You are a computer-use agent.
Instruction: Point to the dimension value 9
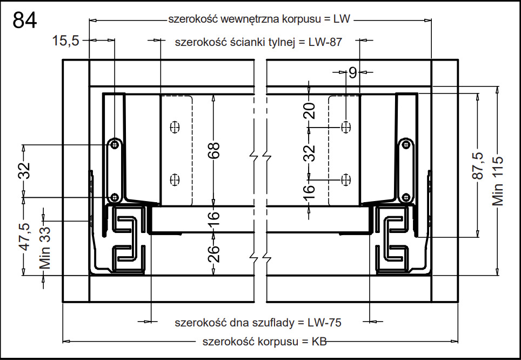pyautogui.click(x=352, y=72)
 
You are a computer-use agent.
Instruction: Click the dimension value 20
pyautogui.click(x=309, y=111)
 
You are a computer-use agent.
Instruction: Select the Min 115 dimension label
pyautogui.click(x=497, y=181)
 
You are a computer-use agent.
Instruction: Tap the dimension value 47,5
pyautogui.click(x=24, y=236)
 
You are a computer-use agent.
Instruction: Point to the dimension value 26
pyautogui.click(x=213, y=253)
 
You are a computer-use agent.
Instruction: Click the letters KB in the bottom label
pyautogui.click(x=319, y=342)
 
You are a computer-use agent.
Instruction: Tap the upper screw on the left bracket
pyautogui.click(x=115, y=144)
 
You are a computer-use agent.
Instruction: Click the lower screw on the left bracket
pyautogui.click(x=114, y=197)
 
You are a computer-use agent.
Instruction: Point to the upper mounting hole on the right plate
pyautogui.click(x=346, y=126)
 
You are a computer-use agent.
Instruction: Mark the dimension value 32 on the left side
pyautogui.click(x=24, y=171)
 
